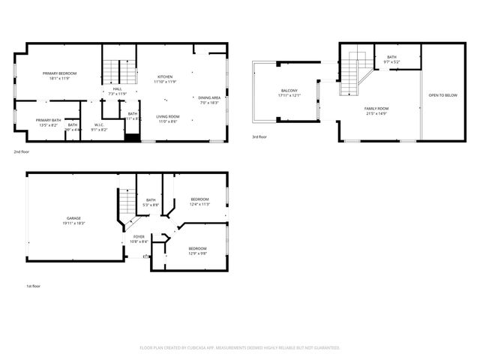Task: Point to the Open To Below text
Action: [442, 95]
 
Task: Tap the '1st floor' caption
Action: [33, 286]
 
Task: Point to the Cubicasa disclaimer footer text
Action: [240, 347]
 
